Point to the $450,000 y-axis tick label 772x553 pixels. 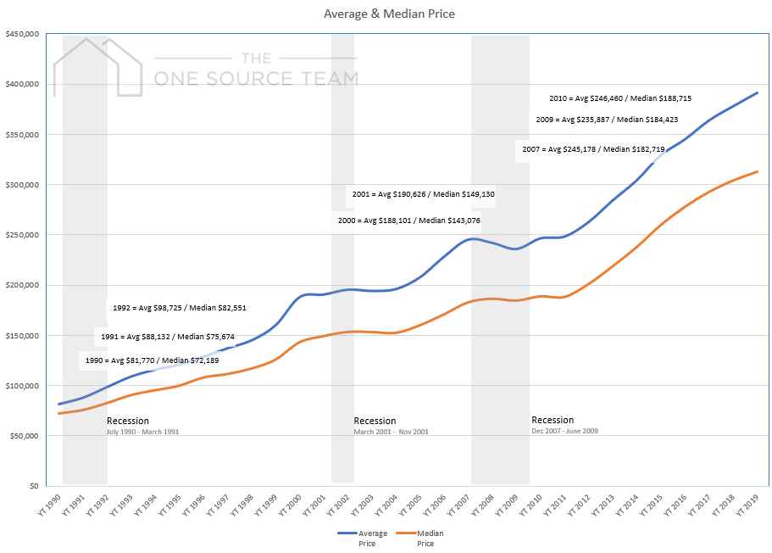22,35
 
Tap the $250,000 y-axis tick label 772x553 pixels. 22,235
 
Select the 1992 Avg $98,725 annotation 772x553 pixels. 179,308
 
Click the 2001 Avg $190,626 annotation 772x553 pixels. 423,194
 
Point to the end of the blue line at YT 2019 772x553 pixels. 757,92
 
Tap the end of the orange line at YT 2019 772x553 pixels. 757,172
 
